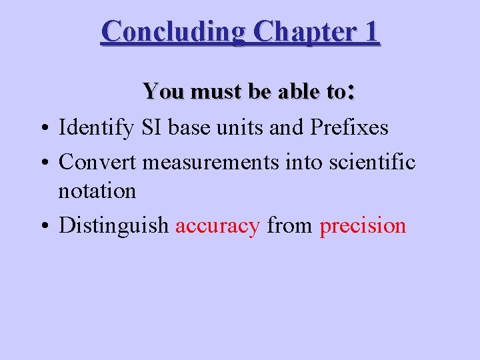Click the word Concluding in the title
[x=174, y=31]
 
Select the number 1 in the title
[x=371, y=31]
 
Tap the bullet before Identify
[x=42, y=127]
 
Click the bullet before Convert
[x=42, y=162]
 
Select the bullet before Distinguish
[x=42, y=226]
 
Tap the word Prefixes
[x=349, y=127]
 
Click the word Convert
[x=99, y=161]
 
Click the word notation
[x=97, y=191]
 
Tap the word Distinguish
[x=114, y=226]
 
